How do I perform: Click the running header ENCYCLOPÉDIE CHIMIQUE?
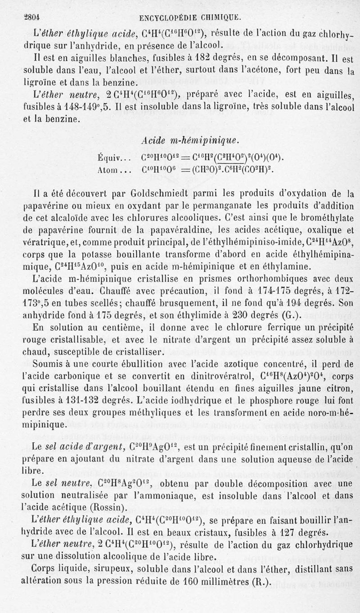pos(190,18)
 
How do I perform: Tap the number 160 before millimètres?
pos(195,581)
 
